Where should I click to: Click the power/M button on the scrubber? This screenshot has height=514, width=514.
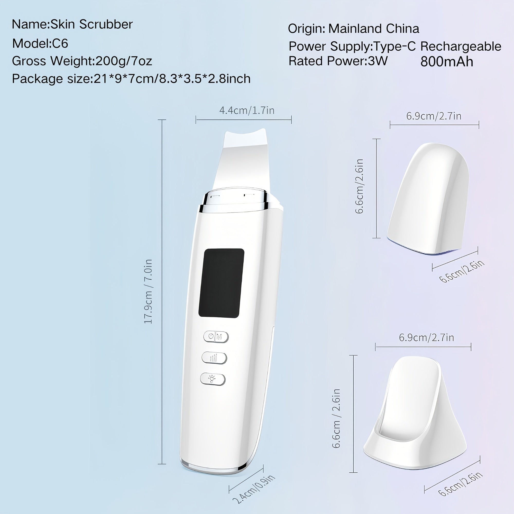point(216,337)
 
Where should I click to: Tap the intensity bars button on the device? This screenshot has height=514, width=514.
point(214,358)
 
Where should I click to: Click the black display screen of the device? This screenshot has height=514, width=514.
point(221,283)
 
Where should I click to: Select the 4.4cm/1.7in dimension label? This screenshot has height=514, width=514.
point(247,111)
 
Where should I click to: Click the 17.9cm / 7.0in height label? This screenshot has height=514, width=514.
point(148,291)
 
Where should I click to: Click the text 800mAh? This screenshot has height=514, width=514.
point(447,62)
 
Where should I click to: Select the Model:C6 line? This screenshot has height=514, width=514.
point(40,43)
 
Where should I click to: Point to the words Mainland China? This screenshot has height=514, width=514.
point(373,29)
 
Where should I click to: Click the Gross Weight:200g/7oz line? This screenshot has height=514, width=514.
point(82,61)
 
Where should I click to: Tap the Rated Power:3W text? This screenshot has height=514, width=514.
point(338,61)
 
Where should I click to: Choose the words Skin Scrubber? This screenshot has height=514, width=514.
point(91,24)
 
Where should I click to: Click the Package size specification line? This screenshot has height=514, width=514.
point(131,79)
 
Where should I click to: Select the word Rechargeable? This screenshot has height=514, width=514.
point(461,47)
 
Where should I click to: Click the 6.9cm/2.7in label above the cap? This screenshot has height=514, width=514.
point(434,116)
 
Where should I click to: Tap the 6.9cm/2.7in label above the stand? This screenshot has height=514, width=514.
point(426,338)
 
